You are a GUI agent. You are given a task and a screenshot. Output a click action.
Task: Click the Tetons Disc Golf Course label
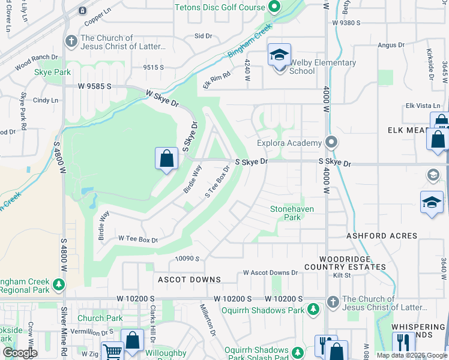pyautogui.click(x=220, y=7)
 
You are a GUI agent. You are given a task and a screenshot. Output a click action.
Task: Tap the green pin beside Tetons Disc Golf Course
pyautogui.click(x=274, y=8)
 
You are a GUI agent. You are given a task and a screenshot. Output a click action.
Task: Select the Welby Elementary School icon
pyautogui.click(x=279, y=56)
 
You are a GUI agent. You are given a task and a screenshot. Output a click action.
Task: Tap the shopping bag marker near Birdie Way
pyautogui.click(x=167, y=160)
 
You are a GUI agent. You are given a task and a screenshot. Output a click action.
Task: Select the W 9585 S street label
pyautogui.click(x=94, y=86)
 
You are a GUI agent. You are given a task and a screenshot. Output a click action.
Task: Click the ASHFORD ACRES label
pyautogui.click(x=382, y=236)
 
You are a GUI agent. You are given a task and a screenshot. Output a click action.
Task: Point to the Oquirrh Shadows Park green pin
pyautogui.click(x=313, y=309)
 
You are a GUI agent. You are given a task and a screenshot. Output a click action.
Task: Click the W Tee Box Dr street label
pyautogui.click(x=137, y=239)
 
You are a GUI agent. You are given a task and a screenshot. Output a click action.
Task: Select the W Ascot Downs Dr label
pyautogui.click(x=270, y=272)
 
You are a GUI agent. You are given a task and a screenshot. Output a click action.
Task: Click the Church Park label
pyautogui.click(x=100, y=319)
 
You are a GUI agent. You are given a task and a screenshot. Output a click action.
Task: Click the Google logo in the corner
pyautogui.click(x=19, y=353)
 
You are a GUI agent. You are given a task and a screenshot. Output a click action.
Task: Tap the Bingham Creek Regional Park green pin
pyautogui.click(x=59, y=283)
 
